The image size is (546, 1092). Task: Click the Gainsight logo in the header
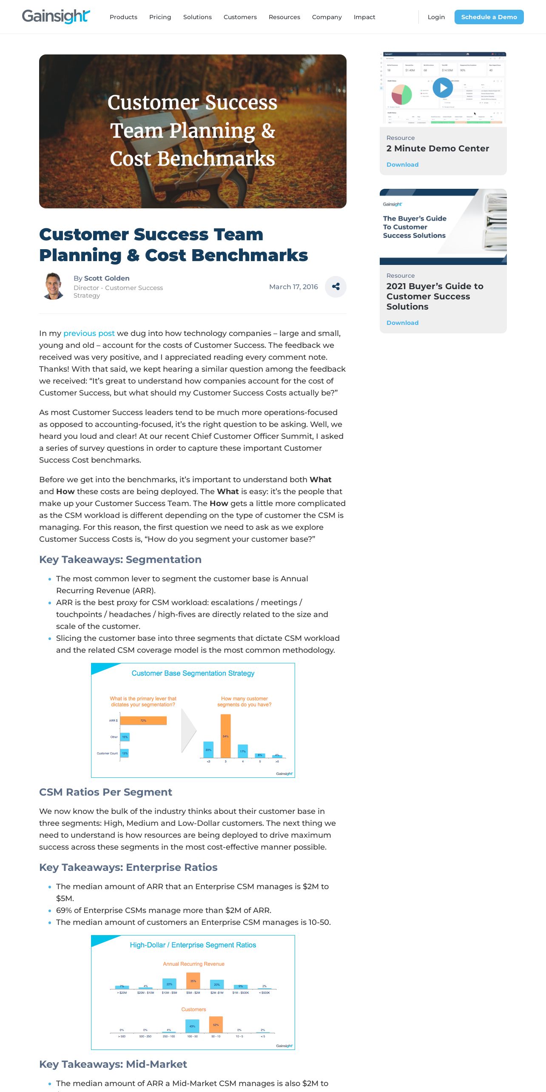[56, 17]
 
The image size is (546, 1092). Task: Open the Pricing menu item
[160, 17]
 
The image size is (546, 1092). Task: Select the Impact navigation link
[364, 17]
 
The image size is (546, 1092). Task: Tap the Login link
[436, 17]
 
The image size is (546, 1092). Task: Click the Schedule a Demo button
[489, 17]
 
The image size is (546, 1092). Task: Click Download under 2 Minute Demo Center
[402, 165]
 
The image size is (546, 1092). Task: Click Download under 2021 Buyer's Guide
[402, 323]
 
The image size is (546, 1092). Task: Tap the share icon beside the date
[336, 287]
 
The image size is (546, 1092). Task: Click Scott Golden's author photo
[54, 286]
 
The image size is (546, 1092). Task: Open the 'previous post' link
[89, 333]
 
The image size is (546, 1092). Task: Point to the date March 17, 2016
[293, 287]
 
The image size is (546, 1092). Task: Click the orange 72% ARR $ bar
[143, 720]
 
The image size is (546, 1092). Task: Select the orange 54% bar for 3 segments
[225, 736]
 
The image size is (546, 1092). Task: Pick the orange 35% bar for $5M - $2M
[193, 981]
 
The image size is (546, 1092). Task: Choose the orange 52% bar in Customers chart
[216, 1024]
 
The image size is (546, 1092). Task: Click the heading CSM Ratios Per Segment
[105, 792]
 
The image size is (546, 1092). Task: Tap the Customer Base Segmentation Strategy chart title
[193, 673]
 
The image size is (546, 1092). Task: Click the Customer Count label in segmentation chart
[107, 753]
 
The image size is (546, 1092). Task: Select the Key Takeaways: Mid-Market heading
[113, 1064]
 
